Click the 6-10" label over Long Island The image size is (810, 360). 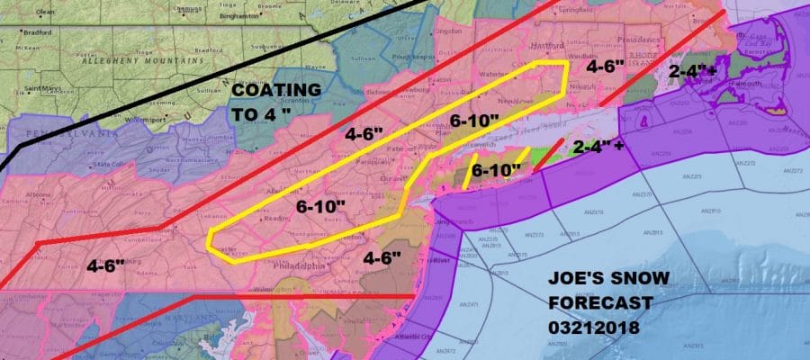496,169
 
